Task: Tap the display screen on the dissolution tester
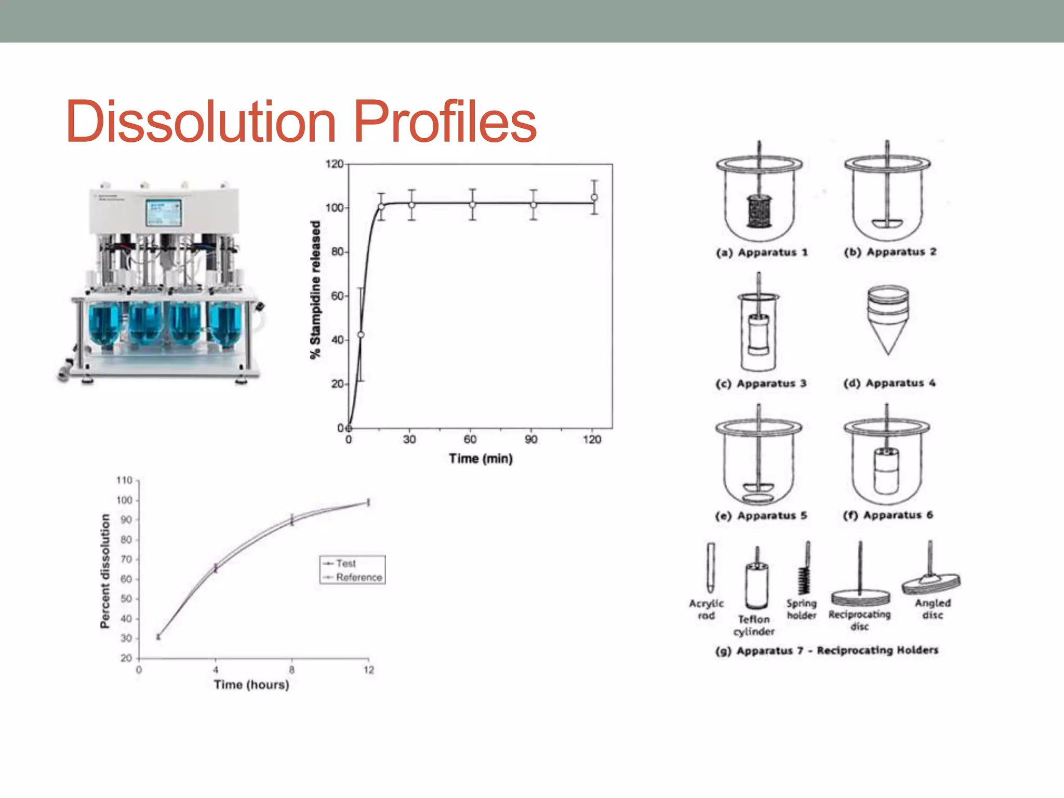163,212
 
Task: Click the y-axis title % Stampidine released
315,290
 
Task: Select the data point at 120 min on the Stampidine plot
594,197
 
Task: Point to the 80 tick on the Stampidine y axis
338,251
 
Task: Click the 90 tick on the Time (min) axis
531,440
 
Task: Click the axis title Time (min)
481,459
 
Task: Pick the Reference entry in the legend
358,577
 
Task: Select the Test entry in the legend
345,563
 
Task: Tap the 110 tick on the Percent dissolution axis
125,480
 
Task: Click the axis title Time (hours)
251,685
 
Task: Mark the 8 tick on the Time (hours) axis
291,670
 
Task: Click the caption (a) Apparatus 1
762,252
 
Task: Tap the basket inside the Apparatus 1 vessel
759,211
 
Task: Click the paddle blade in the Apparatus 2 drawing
887,223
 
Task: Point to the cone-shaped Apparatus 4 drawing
888,320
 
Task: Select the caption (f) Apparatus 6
888,515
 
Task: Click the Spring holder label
802,609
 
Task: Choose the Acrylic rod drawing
710,569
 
